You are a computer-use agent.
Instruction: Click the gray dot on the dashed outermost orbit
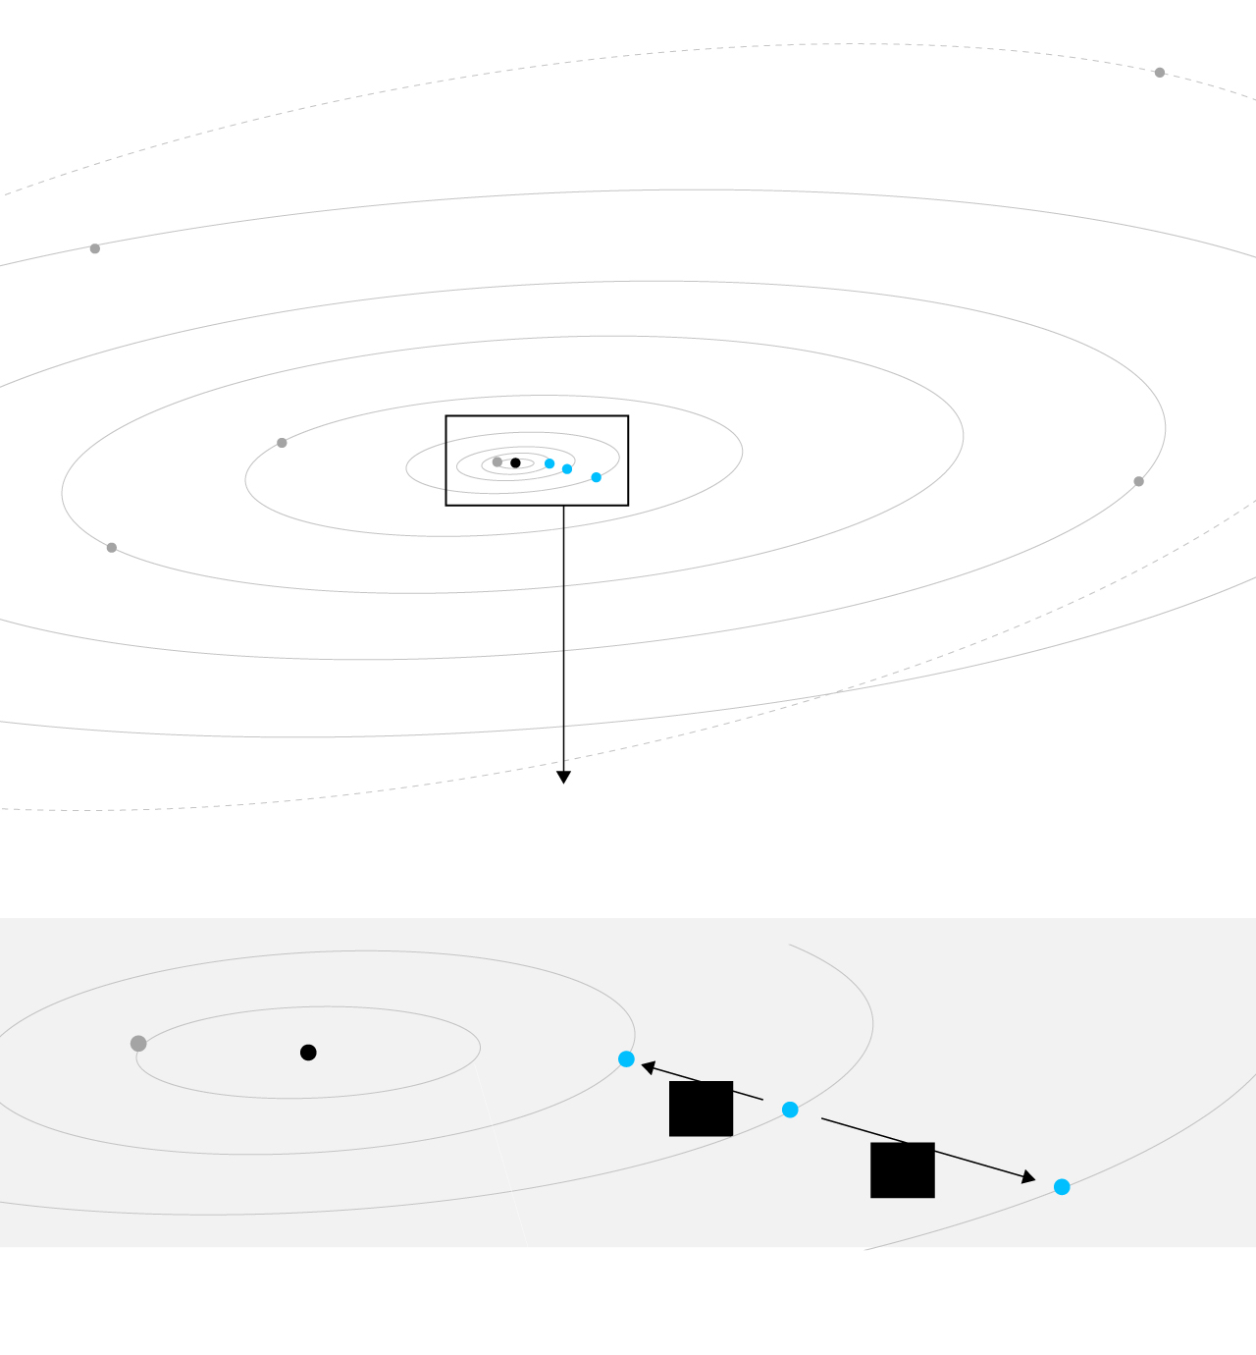(x=1160, y=73)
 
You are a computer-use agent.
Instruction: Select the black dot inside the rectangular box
(x=515, y=462)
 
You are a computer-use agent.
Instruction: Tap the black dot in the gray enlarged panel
(x=308, y=1053)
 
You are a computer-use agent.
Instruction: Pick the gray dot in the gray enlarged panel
(x=138, y=1044)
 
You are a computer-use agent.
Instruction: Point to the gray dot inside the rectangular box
(x=497, y=461)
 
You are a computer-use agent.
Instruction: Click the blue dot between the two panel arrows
(x=790, y=1110)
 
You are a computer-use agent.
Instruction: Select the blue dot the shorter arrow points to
(x=626, y=1059)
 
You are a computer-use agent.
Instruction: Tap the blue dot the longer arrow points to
(x=1062, y=1187)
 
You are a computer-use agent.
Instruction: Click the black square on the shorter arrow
(x=701, y=1109)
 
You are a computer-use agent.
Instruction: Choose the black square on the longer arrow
(x=903, y=1169)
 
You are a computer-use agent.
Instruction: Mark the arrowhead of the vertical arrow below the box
(x=563, y=778)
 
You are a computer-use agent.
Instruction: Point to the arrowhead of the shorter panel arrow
(x=648, y=1066)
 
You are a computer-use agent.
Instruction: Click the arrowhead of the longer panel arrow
(x=1028, y=1177)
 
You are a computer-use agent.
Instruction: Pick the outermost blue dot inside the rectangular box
(x=597, y=477)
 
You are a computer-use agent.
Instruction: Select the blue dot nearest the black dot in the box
(x=549, y=463)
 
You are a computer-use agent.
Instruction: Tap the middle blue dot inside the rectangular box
(x=567, y=469)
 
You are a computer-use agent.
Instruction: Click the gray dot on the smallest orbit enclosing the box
(x=282, y=443)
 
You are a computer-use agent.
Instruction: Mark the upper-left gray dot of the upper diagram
(x=95, y=248)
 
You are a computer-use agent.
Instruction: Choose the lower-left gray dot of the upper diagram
(x=112, y=548)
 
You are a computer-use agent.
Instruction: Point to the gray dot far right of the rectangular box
(x=1138, y=481)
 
